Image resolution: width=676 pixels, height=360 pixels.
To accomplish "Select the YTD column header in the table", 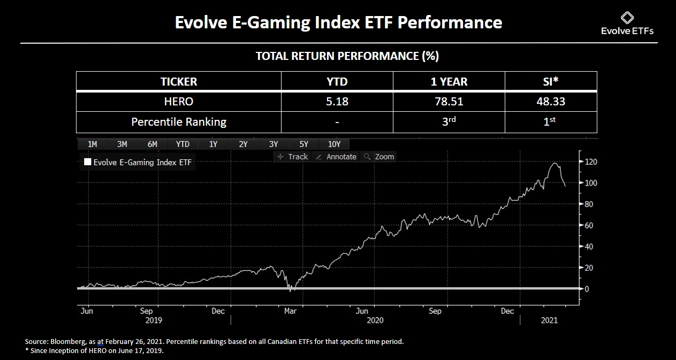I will [337, 82].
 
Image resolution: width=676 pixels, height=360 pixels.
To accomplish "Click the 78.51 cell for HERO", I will [449, 101].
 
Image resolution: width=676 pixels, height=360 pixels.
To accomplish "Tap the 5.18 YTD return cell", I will [337, 101].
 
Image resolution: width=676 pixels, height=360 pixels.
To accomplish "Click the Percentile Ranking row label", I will [179, 121].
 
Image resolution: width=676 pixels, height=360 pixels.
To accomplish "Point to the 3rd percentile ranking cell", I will [449, 121].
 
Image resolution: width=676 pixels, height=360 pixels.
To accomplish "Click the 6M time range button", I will [152, 144].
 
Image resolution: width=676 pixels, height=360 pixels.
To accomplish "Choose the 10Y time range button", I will [334, 144].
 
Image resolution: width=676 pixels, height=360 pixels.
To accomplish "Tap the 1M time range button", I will [92, 144].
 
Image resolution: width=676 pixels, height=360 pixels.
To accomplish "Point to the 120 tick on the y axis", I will [591, 162].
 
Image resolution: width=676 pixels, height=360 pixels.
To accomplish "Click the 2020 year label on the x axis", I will [375, 320].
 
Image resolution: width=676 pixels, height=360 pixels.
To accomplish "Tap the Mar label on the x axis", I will [291, 311].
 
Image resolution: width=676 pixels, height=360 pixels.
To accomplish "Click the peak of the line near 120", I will [555, 163].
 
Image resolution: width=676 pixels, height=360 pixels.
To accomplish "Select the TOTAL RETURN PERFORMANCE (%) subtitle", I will [347, 56].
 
